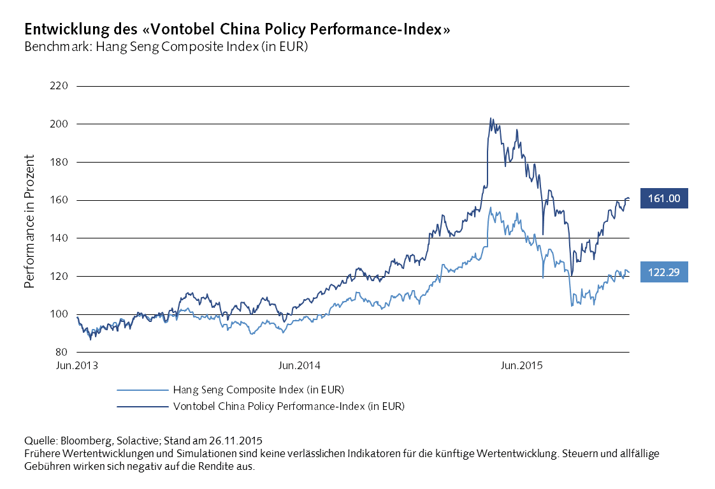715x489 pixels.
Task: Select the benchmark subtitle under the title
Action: [x=166, y=47]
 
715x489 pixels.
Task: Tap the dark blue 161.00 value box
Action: [x=664, y=199]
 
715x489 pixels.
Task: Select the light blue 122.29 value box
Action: [x=664, y=272]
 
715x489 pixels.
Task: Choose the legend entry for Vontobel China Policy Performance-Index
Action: [x=288, y=405]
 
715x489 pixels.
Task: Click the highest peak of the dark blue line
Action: [x=490, y=118]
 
